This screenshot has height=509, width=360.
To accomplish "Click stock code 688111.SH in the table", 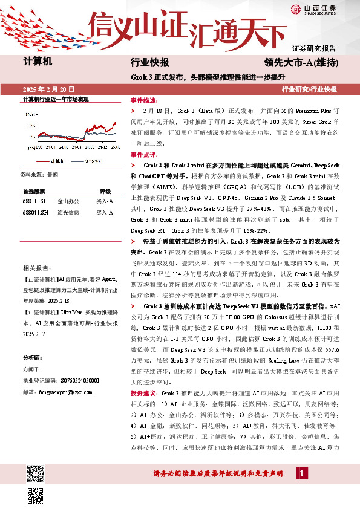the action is point(35,201).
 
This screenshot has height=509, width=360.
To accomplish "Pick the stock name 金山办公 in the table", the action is point(68,201).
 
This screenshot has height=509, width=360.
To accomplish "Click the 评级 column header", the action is point(105,190).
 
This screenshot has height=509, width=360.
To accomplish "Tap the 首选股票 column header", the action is point(35,190).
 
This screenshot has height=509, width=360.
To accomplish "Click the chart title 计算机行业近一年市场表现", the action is point(56,99).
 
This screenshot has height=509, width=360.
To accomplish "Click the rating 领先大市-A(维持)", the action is point(300,62).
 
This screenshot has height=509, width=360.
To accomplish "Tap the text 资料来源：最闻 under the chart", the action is point(39,174).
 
